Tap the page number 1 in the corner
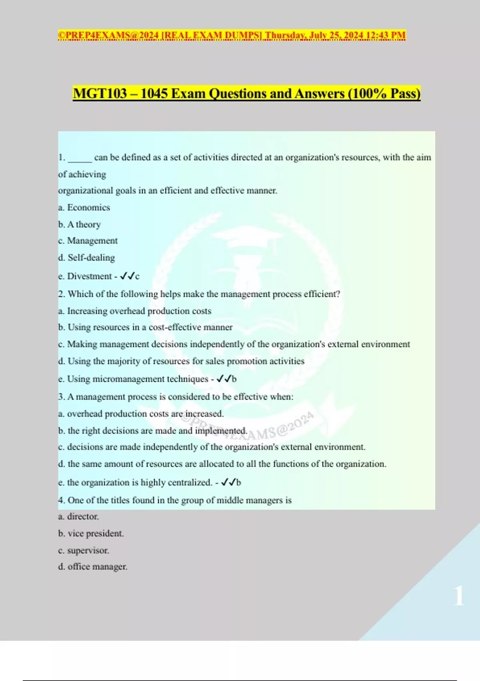tap(459, 596)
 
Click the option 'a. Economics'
tap(84, 208)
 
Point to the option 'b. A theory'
tap(79, 224)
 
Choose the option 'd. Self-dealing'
tap(86, 258)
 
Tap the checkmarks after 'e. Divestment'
tap(127, 276)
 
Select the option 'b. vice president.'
tap(91, 534)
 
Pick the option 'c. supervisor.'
tap(84, 550)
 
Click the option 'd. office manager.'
tap(93, 567)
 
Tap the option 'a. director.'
tap(78, 516)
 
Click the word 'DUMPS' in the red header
tap(242, 35)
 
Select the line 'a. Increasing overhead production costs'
tap(135, 311)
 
